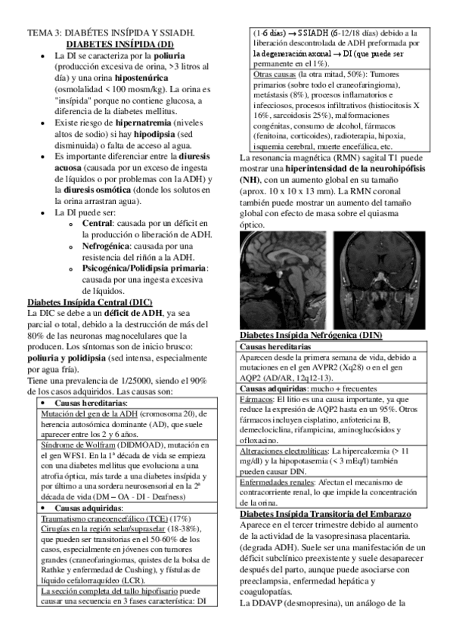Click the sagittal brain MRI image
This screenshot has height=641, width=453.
click(286, 278)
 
